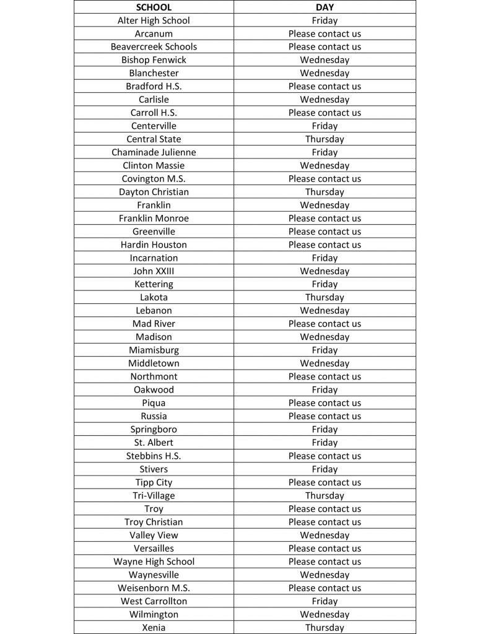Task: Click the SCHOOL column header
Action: pyautogui.click(x=154, y=7)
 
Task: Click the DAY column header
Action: pyautogui.click(x=325, y=7)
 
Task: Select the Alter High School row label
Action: pyautogui.click(x=154, y=20)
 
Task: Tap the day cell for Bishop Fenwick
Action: pyautogui.click(x=325, y=60)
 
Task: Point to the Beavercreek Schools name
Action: pyautogui.click(x=154, y=46)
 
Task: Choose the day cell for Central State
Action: pyautogui.click(x=325, y=139)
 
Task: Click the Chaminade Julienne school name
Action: pyautogui.click(x=154, y=152)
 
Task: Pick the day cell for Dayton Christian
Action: pyautogui.click(x=325, y=192)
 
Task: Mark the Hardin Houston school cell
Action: pyautogui.click(x=154, y=245)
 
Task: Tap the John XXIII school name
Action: pyautogui.click(x=154, y=271)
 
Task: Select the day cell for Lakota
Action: pyautogui.click(x=325, y=297)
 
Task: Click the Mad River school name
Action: pyautogui.click(x=154, y=324)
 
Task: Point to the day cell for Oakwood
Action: pyautogui.click(x=325, y=389)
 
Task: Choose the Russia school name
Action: pyautogui.click(x=154, y=416)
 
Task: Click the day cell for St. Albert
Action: pyautogui.click(x=325, y=443)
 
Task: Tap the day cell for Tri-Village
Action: pyautogui.click(x=325, y=495)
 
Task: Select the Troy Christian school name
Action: pyautogui.click(x=154, y=522)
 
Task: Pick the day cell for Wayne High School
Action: pyautogui.click(x=325, y=562)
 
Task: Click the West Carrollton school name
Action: pyautogui.click(x=154, y=601)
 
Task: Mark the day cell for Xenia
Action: pyautogui.click(x=325, y=628)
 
